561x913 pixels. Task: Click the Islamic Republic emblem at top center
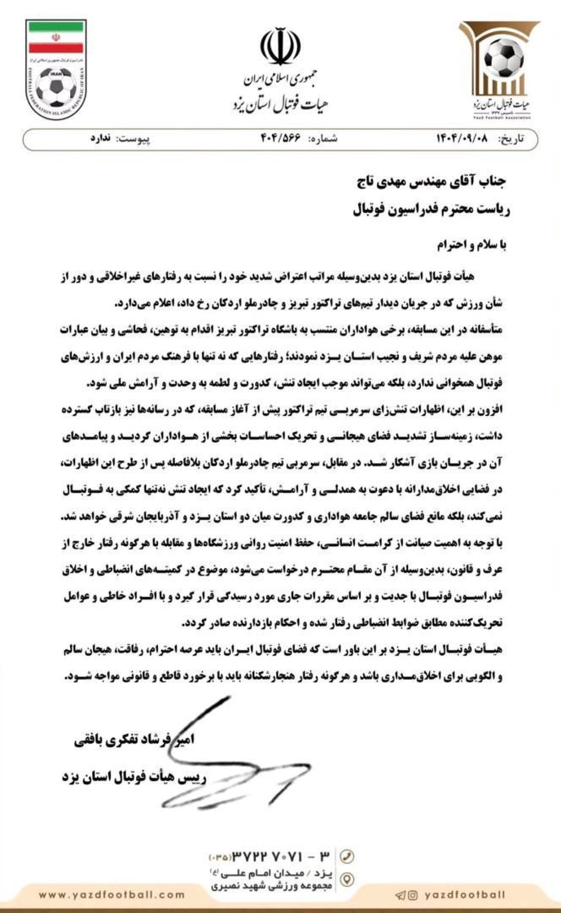280,47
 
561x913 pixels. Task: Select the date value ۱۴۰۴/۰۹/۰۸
462,139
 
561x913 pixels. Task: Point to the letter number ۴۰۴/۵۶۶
280,139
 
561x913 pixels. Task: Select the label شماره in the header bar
322,139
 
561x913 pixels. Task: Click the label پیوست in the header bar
133,139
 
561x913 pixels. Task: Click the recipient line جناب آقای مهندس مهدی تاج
431,183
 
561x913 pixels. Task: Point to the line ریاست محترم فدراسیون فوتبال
431,210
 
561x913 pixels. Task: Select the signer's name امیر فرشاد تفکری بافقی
135,740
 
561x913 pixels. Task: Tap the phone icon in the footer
346,856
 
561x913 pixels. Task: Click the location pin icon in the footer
346,879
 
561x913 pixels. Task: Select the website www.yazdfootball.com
112,895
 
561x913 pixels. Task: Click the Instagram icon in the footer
413,895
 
